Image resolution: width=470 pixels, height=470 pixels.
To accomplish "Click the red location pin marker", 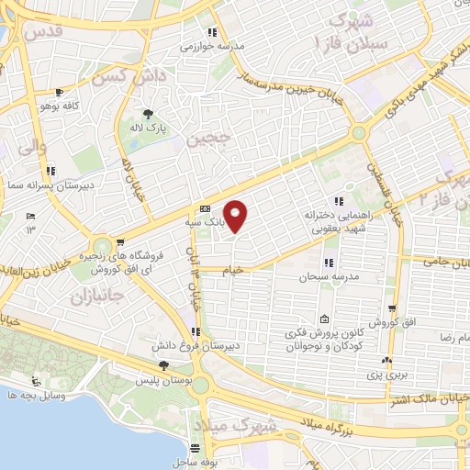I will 236,216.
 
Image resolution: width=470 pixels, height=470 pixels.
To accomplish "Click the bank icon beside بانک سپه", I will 205,208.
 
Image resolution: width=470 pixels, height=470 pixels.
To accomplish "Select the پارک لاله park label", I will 149,130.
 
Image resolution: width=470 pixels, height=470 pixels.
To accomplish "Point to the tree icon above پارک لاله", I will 148,114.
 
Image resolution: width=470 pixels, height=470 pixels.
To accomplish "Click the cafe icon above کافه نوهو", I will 60,93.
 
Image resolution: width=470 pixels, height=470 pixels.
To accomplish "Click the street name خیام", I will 236,270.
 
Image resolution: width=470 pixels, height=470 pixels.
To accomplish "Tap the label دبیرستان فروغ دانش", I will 196,346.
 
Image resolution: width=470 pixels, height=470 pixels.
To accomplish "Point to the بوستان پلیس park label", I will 162,379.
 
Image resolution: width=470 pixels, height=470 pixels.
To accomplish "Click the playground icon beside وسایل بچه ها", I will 36,380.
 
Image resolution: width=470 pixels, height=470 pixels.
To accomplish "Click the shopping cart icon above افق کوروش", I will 392,310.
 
